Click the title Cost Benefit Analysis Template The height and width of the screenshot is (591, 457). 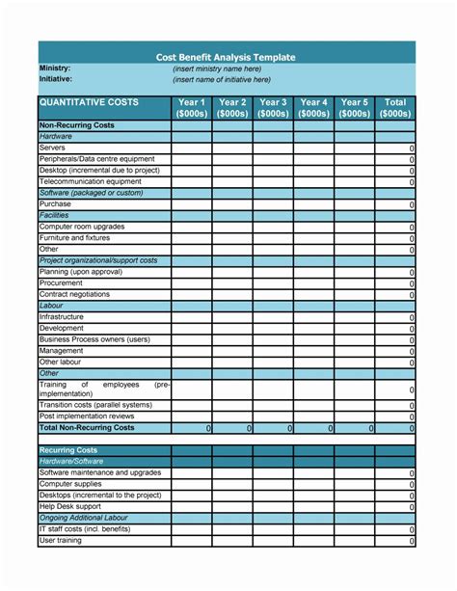(x=226, y=58)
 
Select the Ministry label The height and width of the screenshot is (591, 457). (x=55, y=69)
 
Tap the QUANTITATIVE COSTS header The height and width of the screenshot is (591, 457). (x=89, y=102)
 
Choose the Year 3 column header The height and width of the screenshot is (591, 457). (x=273, y=107)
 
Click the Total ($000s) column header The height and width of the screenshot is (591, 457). (x=394, y=107)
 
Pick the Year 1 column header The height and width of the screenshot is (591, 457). (x=192, y=107)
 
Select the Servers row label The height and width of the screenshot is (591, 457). (x=53, y=148)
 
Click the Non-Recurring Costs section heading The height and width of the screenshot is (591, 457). (x=77, y=125)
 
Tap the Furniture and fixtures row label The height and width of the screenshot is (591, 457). (x=74, y=237)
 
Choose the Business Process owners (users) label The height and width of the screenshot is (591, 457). (x=94, y=338)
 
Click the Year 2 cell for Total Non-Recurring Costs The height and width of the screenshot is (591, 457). (x=232, y=428)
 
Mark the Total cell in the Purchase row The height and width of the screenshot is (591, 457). (x=394, y=204)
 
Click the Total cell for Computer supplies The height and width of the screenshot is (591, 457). (x=394, y=485)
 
